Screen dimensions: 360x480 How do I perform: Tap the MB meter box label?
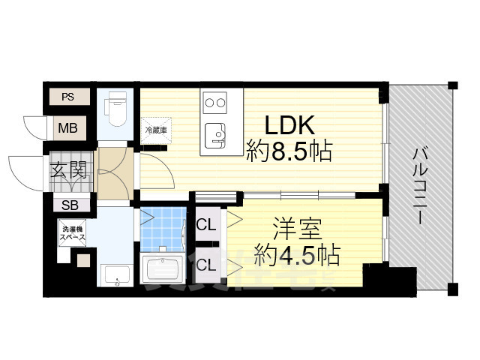68,127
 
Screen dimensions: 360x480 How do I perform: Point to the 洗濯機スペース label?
73,234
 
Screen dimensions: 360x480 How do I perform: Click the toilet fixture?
117,110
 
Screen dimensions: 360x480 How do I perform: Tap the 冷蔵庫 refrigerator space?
154,128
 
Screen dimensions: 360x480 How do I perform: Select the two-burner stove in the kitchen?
215,102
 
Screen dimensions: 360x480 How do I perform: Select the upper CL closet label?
206,225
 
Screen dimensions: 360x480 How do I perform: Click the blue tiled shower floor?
163,228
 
